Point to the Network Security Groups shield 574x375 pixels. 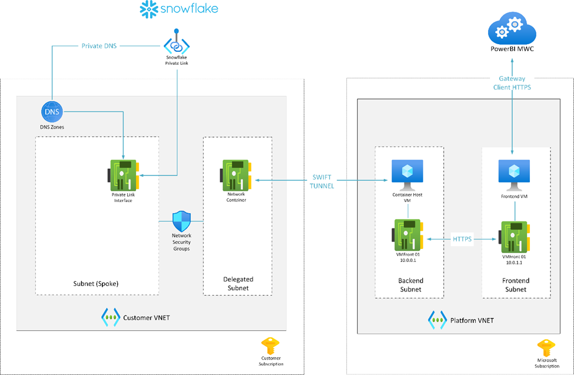click(182, 222)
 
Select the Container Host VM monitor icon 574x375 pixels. click(406, 172)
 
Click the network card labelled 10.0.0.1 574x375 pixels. click(406, 237)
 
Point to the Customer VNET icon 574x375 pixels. click(111, 317)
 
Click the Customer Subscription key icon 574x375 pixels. click(271, 346)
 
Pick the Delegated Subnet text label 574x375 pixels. click(237, 284)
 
